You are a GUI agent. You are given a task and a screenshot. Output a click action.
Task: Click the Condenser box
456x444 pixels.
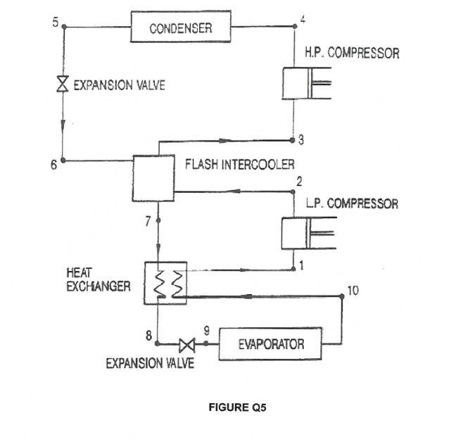(180, 28)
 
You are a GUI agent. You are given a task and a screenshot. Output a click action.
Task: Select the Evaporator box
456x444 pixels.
(271, 343)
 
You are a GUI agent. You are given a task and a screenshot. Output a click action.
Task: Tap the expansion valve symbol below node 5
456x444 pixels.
(63, 85)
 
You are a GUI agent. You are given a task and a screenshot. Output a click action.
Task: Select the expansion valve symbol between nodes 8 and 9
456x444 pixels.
(187, 345)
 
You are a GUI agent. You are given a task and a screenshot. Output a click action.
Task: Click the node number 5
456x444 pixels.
(55, 22)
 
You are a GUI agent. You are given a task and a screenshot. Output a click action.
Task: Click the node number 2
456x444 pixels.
(299, 182)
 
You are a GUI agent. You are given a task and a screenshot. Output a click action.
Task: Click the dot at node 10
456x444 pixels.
(342, 296)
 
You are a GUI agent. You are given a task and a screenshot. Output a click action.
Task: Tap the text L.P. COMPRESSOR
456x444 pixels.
(351, 204)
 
